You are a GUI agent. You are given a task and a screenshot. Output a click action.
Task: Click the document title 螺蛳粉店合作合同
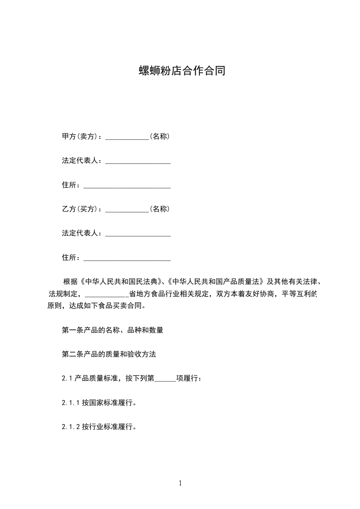pyautogui.click(x=182, y=71)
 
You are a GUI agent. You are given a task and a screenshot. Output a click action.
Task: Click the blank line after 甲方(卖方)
pyautogui.click(x=127, y=137)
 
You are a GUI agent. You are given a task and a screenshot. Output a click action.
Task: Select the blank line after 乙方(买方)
pyautogui.click(x=127, y=209)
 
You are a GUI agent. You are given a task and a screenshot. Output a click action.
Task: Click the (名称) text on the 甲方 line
pyautogui.click(x=160, y=136)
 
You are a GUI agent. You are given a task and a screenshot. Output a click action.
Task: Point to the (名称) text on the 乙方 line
pyautogui.click(x=160, y=209)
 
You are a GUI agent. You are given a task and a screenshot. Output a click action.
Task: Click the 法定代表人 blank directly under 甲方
pyautogui.click(x=138, y=161)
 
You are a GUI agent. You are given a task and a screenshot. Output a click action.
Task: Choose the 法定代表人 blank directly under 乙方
pyautogui.click(x=138, y=233)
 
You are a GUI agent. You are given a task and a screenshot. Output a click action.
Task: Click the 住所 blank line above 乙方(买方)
pyautogui.click(x=127, y=185)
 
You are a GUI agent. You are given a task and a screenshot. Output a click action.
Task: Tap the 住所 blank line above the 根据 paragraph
pyautogui.click(x=127, y=258)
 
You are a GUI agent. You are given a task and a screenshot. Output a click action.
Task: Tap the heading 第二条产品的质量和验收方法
pyautogui.click(x=109, y=355)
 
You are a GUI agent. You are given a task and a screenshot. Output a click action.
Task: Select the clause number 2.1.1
pyautogui.click(x=71, y=403)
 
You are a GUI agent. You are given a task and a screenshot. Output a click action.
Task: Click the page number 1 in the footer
pyautogui.click(x=180, y=484)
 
